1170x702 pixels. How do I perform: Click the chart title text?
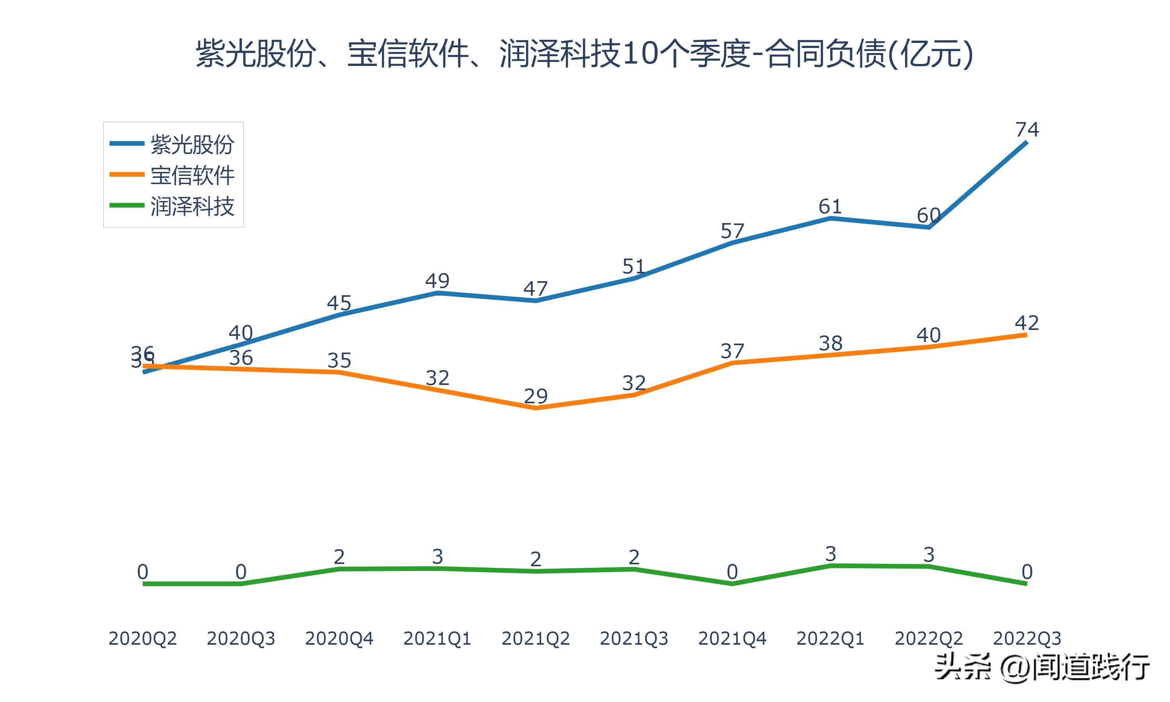coord(585,53)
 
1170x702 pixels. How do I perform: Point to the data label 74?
coord(1027,129)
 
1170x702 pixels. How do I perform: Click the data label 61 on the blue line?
coord(830,207)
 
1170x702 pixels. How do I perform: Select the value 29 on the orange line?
coord(535,396)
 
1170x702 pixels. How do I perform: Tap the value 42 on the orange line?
coord(1027,323)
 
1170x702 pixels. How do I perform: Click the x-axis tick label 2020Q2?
coord(142,638)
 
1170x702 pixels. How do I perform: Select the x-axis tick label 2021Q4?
coord(732,638)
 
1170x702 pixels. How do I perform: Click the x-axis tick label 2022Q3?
coord(1027,638)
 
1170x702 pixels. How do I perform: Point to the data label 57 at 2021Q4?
coord(732,231)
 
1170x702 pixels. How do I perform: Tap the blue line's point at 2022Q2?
coord(929,227)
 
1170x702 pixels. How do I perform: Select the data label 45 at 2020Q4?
coord(339,303)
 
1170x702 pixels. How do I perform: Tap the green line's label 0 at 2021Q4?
coord(732,572)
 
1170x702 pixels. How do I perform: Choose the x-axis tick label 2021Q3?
coord(634,638)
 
